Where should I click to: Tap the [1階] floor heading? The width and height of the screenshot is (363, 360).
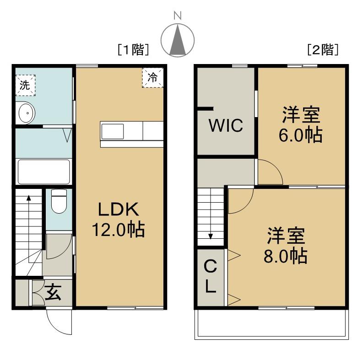coord(133,49)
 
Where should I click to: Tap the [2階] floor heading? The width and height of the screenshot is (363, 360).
coord(323,49)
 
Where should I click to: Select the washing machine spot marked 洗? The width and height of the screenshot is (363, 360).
coord(25,85)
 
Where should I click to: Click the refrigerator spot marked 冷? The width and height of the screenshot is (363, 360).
coord(152,77)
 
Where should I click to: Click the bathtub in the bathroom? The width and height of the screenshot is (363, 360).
coord(44,172)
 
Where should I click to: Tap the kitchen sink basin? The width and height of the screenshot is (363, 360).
coord(113,131)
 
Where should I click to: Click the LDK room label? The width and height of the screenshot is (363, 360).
coord(119,209)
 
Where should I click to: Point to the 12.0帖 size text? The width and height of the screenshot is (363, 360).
coord(119,230)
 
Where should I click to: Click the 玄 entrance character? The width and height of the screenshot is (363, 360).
coord(54,292)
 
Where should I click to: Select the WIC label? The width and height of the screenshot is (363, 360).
coord(226,125)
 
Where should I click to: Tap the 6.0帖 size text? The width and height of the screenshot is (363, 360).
coord(300,135)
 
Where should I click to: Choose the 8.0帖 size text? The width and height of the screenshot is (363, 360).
coord(286,256)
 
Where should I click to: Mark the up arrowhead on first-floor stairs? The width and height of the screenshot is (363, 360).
coord(28,198)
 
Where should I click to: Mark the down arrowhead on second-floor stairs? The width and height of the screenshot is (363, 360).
coord(211,236)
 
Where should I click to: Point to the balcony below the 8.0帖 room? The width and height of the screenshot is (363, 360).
coord(271,324)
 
